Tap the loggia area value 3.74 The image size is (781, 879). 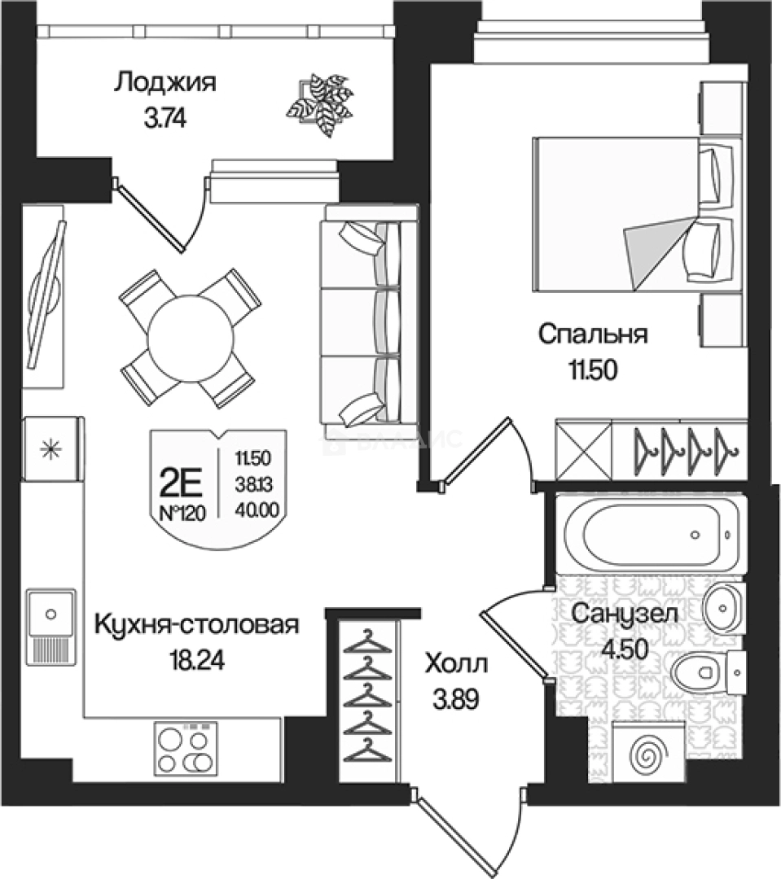pyautogui.click(x=165, y=120)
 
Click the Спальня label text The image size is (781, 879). pyautogui.click(x=592, y=334)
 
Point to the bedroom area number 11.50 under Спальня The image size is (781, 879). pyautogui.click(x=592, y=370)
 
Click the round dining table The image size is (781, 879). pyautogui.click(x=191, y=336)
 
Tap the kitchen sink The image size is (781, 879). pyautogui.click(x=52, y=623)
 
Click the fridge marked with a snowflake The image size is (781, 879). pyautogui.click(x=51, y=448)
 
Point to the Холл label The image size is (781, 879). pyautogui.click(x=456, y=665)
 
